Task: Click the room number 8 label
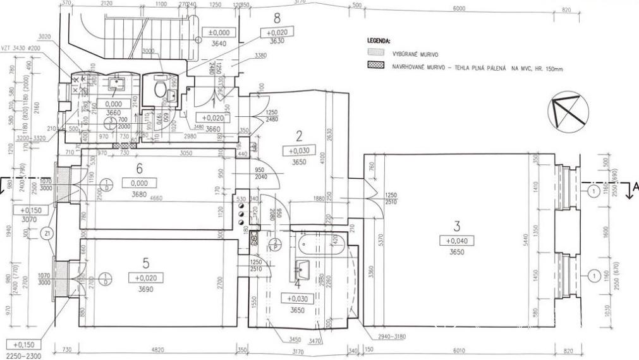(276, 18)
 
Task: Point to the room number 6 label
(140, 169)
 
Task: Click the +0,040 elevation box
(458, 241)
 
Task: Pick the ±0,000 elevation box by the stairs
(222, 33)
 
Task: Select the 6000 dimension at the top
(459, 8)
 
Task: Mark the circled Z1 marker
(49, 233)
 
